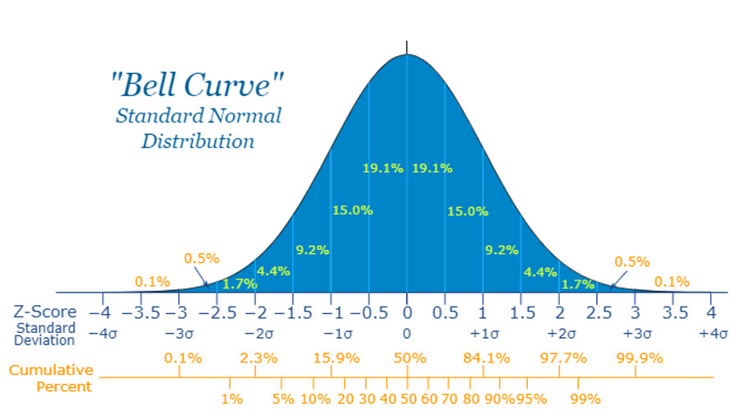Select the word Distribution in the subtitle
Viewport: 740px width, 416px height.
pyautogui.click(x=198, y=141)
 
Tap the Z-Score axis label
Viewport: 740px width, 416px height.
pyautogui.click(x=45, y=312)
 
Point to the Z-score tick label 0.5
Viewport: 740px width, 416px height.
pyautogui.click(x=445, y=312)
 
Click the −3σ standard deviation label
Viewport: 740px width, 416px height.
pyautogui.click(x=179, y=334)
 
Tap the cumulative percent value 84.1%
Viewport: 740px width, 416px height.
pyautogui.click(x=486, y=358)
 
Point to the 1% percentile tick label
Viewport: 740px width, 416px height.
pyautogui.click(x=231, y=399)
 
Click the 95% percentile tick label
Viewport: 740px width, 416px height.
pyautogui.click(x=532, y=399)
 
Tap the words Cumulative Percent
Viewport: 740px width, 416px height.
pyautogui.click(x=51, y=378)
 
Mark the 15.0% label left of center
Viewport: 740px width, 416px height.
pyautogui.click(x=353, y=210)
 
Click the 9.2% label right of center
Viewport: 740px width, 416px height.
pyautogui.click(x=501, y=249)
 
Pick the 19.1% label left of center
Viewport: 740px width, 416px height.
pyautogui.click(x=383, y=169)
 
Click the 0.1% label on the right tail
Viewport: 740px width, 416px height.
pyautogui.click(x=672, y=282)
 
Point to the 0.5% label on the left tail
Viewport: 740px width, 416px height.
pyautogui.click(x=201, y=258)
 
